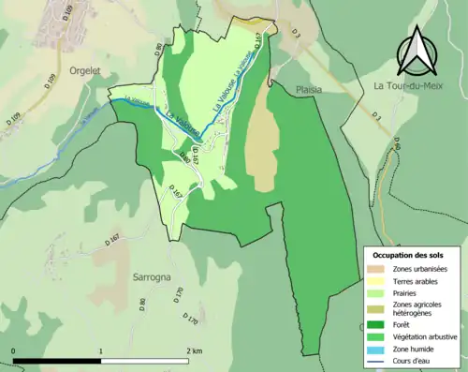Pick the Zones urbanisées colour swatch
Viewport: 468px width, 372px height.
pos(377,270)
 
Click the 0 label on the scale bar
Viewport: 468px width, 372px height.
pos(14,350)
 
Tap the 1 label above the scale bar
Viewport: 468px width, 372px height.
pos(100,350)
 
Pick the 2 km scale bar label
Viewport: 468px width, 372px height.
pos(194,350)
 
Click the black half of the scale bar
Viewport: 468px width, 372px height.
pos(57,361)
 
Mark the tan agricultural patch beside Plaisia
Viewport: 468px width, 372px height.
pos(265,145)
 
